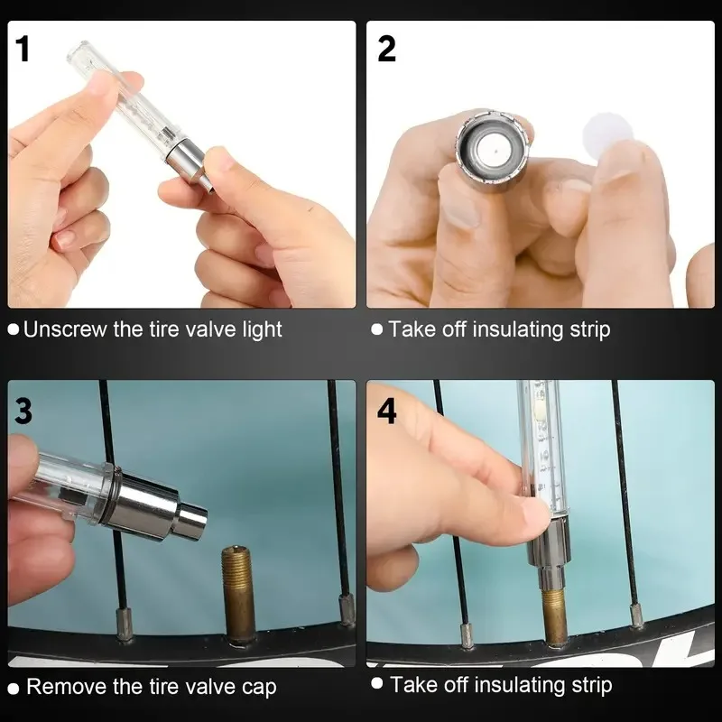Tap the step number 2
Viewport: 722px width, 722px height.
tap(386, 49)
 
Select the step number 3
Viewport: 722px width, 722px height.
tap(23, 411)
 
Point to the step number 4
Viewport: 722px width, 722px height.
tap(387, 411)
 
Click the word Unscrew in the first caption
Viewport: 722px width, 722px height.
tap(64, 329)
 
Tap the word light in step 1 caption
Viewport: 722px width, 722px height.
tap(262, 330)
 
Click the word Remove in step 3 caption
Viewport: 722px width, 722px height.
tap(67, 687)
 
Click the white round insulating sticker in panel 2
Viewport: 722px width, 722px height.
tap(607, 133)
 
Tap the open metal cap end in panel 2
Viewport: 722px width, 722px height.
tap(492, 146)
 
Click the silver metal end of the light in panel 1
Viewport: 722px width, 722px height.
tap(188, 163)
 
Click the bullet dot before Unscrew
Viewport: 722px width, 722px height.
tap(14, 329)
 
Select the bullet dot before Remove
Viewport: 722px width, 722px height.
tap(14, 689)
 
